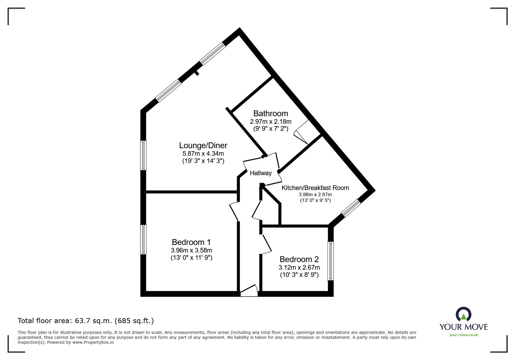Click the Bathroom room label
(x=270, y=113)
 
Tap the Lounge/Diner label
(x=203, y=145)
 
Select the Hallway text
(x=261, y=173)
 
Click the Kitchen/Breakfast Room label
(x=315, y=188)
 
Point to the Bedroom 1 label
(x=191, y=242)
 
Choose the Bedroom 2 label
(x=299, y=259)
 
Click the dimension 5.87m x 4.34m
(x=203, y=153)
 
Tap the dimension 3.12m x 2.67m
(x=299, y=267)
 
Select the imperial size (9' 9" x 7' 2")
(x=270, y=128)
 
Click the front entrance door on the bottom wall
(x=249, y=291)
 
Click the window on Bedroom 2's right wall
(x=331, y=261)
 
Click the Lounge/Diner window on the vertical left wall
(x=143, y=155)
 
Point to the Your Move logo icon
(x=463, y=314)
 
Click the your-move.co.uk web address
(x=464, y=335)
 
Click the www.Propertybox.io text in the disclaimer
(x=93, y=342)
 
